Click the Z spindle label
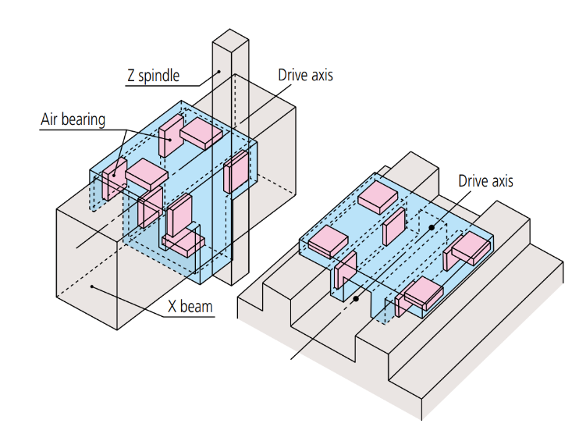[153, 76]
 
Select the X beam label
[190, 306]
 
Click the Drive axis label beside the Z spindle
[305, 75]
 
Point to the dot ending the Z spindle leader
[219, 73]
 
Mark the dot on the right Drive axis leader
[431, 227]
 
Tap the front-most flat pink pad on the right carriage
[421, 291]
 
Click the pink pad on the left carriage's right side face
[236, 173]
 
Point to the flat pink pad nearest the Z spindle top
[202, 134]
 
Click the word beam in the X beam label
[199, 306]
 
